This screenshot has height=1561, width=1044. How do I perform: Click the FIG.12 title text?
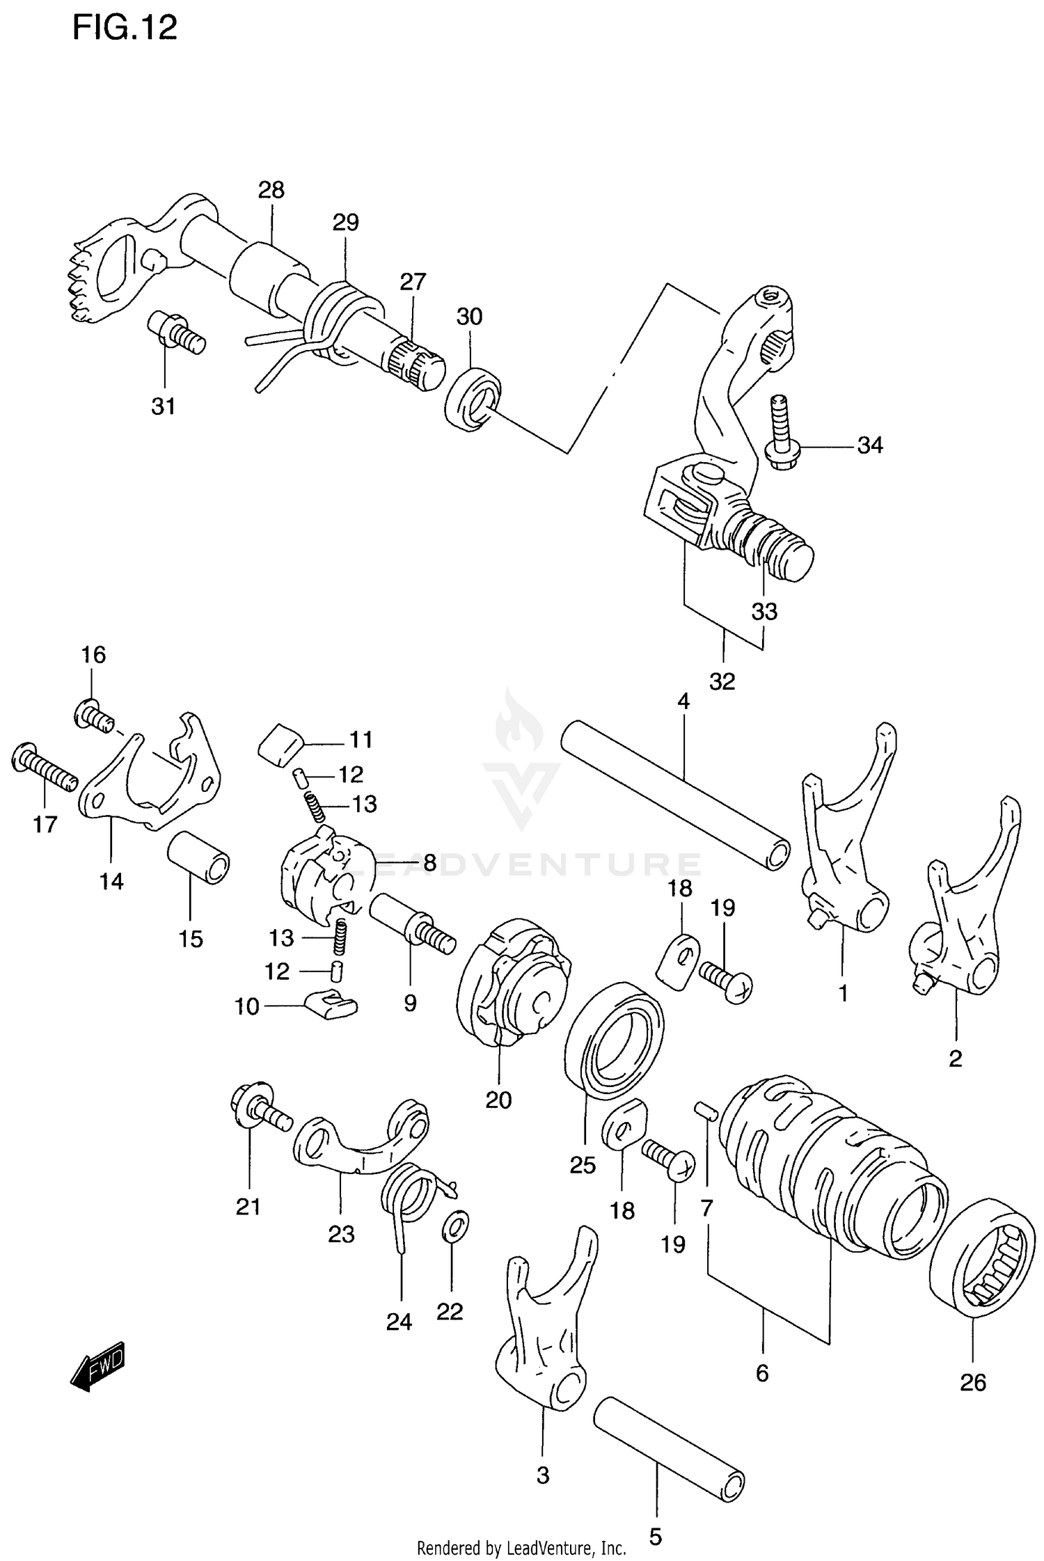click(125, 29)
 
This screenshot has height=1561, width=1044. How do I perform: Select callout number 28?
click(271, 190)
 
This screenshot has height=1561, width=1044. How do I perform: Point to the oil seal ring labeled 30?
click(473, 399)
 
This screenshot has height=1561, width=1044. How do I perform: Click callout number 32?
click(722, 681)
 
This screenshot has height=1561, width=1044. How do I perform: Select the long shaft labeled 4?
click(675, 795)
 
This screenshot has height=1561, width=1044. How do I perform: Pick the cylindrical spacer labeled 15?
click(199, 857)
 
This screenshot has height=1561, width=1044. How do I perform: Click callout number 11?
click(361, 739)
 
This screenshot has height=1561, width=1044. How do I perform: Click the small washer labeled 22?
click(455, 1226)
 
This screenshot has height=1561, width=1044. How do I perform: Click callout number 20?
click(498, 1100)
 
